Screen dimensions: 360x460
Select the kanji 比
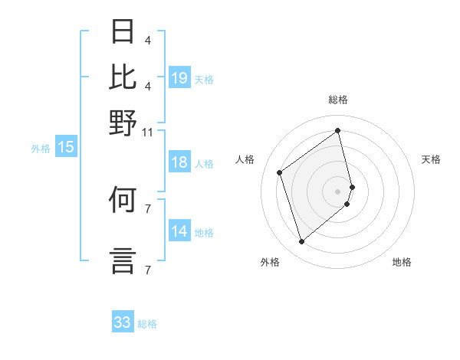tap(123, 77)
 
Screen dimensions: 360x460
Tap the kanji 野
tap(123, 123)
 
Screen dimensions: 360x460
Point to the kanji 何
tap(123, 201)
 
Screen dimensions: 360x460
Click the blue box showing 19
tap(179, 77)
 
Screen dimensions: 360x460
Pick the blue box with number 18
tap(179, 162)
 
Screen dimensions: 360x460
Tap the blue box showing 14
tap(179, 231)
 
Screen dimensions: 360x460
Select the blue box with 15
tap(66, 148)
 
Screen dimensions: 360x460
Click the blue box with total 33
tap(123, 322)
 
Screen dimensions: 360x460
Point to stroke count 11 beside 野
tap(147, 132)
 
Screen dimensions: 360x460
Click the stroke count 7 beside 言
tap(147, 270)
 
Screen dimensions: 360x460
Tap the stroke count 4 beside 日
tap(147, 40)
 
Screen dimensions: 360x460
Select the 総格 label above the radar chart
tap(338, 100)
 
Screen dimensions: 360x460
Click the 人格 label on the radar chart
tap(245, 159)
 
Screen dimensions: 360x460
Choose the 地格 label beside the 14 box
tap(204, 232)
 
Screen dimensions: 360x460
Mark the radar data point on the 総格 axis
tap(338, 130)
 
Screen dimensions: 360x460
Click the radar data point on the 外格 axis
tap(301, 242)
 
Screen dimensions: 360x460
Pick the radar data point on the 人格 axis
tap(280, 172)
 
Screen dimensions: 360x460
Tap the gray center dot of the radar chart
tap(338, 190)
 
